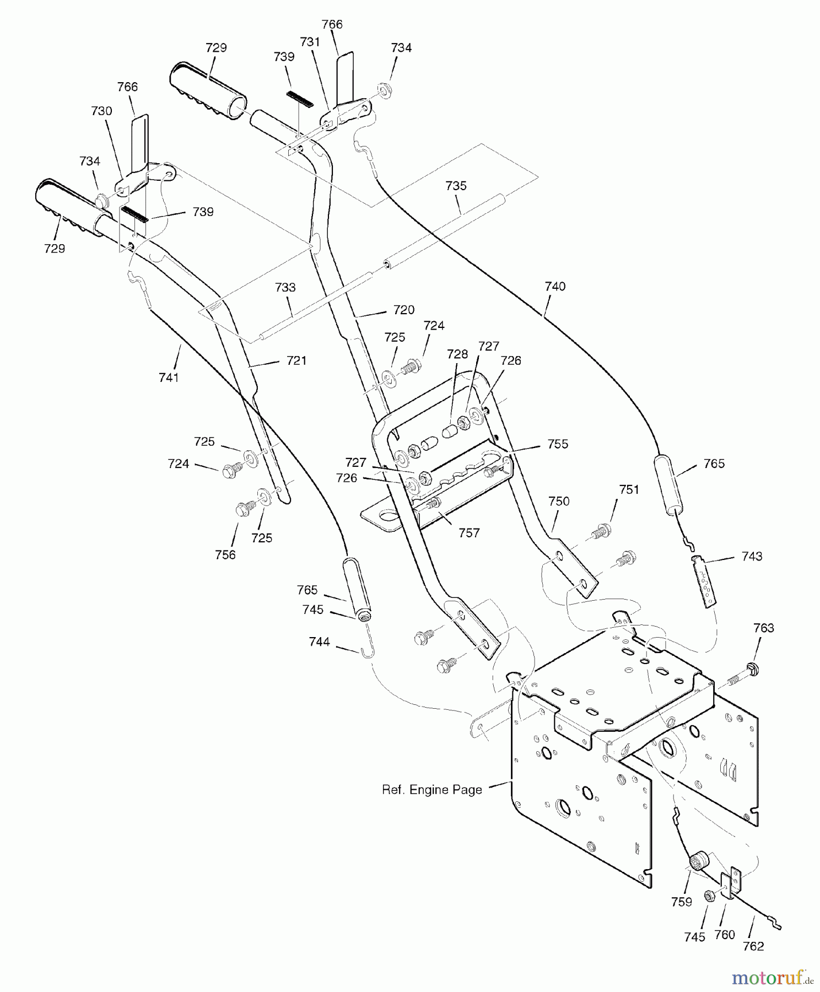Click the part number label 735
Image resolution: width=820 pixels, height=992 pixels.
click(456, 186)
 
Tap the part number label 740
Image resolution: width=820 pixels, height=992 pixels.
click(555, 287)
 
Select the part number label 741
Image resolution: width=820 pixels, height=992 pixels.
click(169, 378)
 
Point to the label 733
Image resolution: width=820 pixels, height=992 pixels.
click(285, 287)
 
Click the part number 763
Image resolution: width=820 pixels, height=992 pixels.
click(764, 628)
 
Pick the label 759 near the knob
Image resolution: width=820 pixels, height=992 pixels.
click(682, 902)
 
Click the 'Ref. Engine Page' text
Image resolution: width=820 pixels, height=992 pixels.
click(432, 790)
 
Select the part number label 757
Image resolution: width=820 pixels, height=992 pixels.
click(469, 533)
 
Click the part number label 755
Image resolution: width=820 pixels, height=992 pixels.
click(558, 444)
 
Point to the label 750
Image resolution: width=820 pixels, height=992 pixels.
click(559, 502)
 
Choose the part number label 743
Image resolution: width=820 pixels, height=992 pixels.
click(752, 557)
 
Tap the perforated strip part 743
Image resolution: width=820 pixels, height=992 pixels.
click(704, 581)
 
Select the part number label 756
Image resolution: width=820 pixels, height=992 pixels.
click(225, 555)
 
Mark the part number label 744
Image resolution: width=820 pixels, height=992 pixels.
click(320, 642)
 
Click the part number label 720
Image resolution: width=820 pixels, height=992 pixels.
click(404, 310)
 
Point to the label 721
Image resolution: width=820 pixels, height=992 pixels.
click(296, 360)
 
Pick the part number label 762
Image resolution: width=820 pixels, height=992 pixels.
click(753, 946)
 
